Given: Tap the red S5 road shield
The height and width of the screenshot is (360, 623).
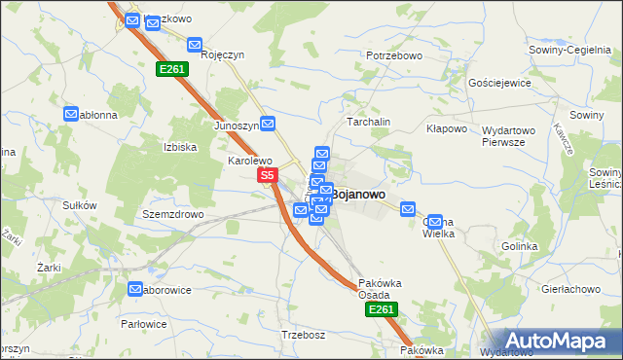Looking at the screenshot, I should coord(270,176).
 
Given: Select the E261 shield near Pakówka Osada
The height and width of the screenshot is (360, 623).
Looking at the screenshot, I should coord(381,308).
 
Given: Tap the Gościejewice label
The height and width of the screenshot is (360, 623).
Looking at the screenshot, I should coord(499,84).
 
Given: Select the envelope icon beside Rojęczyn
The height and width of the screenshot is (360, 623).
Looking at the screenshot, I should coord(195,45).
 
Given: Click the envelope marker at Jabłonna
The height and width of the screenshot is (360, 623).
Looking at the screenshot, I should coord(71,114).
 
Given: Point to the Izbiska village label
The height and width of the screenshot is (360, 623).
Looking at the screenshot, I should coord(181,148).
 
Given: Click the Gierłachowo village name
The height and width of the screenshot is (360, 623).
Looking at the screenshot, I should coord(570,290).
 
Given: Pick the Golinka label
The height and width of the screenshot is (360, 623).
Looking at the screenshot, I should coord(520,246).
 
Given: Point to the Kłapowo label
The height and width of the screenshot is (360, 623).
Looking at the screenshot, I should coord(448,128).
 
